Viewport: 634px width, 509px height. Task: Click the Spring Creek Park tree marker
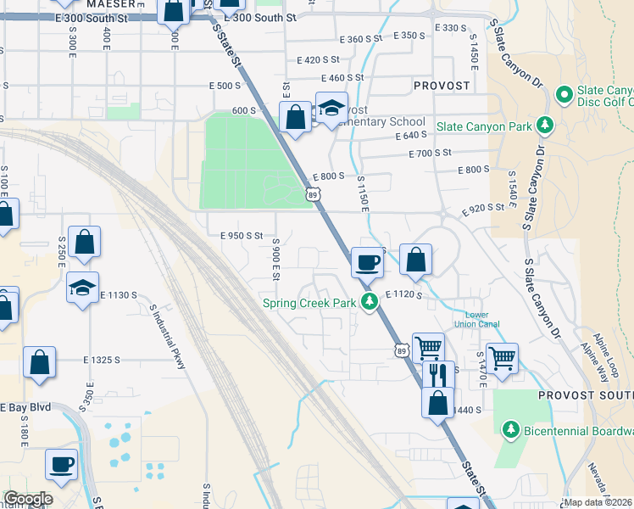(369, 302)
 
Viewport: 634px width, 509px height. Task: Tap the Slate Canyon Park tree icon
(543, 126)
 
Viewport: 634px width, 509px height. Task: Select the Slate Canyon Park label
(483, 126)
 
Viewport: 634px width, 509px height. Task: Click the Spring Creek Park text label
(309, 303)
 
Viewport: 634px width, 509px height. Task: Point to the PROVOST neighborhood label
(442, 86)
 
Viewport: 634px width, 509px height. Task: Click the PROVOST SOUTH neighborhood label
(585, 395)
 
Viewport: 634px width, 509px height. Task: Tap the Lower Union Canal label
(482, 319)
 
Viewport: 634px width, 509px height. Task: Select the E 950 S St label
(242, 236)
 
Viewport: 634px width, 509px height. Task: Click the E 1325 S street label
(105, 360)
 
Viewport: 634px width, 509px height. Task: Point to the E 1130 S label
(118, 294)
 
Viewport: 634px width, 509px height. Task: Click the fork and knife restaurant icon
(437, 373)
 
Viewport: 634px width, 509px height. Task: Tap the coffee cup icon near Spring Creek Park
(367, 262)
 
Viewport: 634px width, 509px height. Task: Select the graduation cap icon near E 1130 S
(82, 288)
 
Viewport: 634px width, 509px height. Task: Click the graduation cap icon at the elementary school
(331, 108)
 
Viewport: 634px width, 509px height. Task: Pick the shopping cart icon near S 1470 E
(502, 359)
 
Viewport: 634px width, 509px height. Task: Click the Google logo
(27, 499)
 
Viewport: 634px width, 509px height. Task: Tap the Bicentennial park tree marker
(510, 431)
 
